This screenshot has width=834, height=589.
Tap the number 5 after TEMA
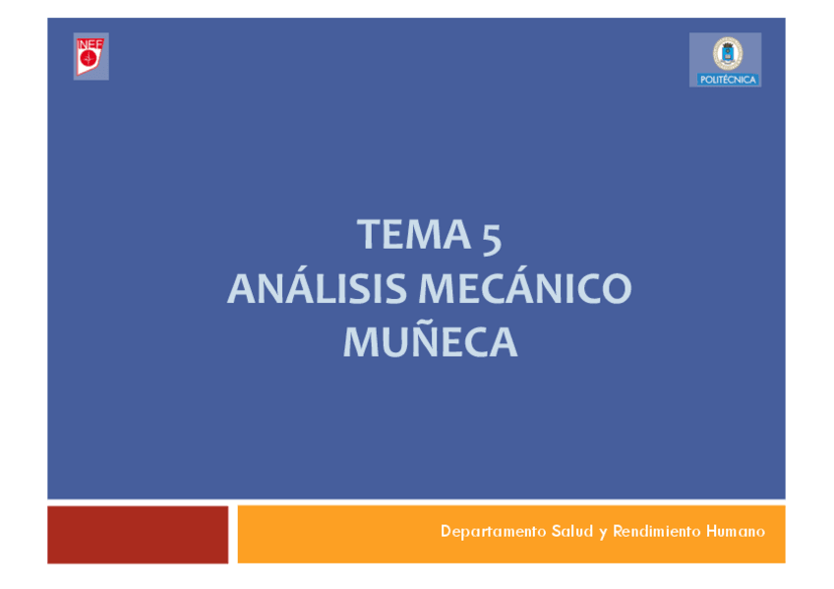click(x=492, y=237)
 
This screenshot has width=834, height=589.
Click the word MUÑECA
click(x=430, y=342)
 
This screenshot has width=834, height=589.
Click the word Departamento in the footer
click(x=487, y=532)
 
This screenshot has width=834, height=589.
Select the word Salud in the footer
click(x=568, y=532)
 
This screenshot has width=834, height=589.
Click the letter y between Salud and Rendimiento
click(x=602, y=533)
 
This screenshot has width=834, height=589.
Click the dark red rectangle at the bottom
click(x=138, y=535)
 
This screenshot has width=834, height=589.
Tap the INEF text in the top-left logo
click(x=90, y=42)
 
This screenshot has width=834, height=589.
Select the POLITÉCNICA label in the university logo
click(x=728, y=79)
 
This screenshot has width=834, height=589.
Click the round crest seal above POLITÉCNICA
click(x=728, y=53)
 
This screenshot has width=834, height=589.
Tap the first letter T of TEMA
click(x=368, y=235)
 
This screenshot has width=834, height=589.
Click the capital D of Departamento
click(x=447, y=532)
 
